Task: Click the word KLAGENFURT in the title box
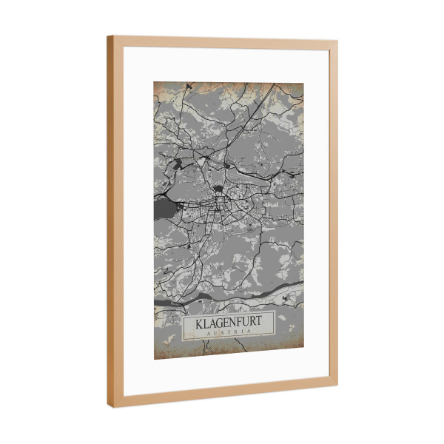point(229,324)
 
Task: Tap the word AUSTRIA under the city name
point(229,334)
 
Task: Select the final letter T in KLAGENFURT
point(260,323)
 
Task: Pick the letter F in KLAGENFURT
point(237,323)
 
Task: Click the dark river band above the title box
point(222,297)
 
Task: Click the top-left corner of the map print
point(155,81)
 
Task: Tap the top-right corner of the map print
point(303,83)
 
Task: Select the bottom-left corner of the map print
point(155,359)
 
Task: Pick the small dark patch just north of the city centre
point(220,189)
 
